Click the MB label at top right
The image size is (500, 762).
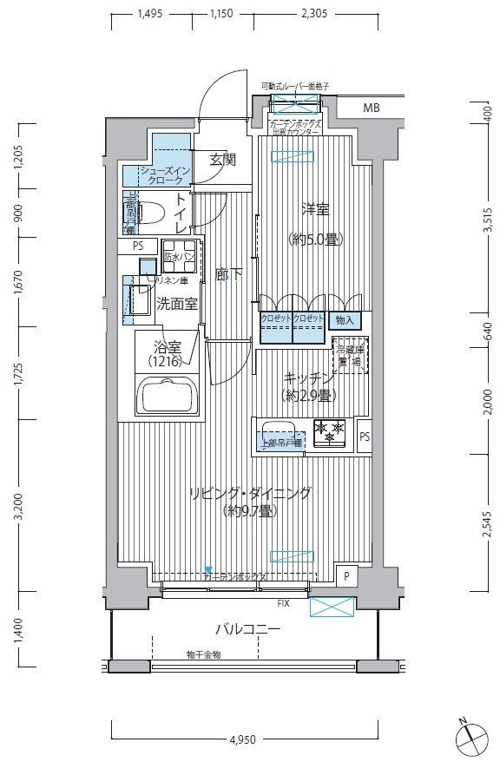point(372,108)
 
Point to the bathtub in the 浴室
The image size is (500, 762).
point(169,399)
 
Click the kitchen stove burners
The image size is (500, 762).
point(329,432)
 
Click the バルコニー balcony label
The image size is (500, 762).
point(248,629)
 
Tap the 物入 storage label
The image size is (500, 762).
point(344,319)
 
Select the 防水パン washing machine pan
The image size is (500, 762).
point(177,256)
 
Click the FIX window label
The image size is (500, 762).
point(283,601)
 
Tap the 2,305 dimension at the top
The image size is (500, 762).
point(313,14)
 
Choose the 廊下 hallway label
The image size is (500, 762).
point(228,274)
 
